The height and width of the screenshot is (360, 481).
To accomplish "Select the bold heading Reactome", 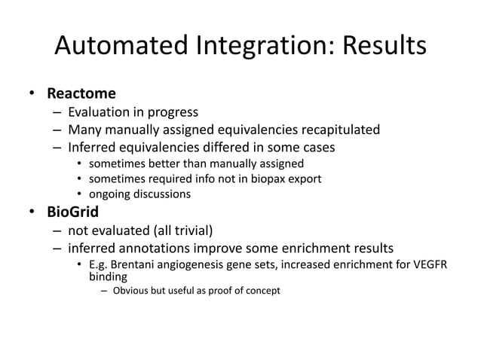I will click(81, 94).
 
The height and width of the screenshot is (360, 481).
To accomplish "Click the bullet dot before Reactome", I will click(32, 95).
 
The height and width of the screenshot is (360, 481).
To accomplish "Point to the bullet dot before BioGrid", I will click(32, 212).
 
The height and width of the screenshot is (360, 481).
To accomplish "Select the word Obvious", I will click(134, 290).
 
